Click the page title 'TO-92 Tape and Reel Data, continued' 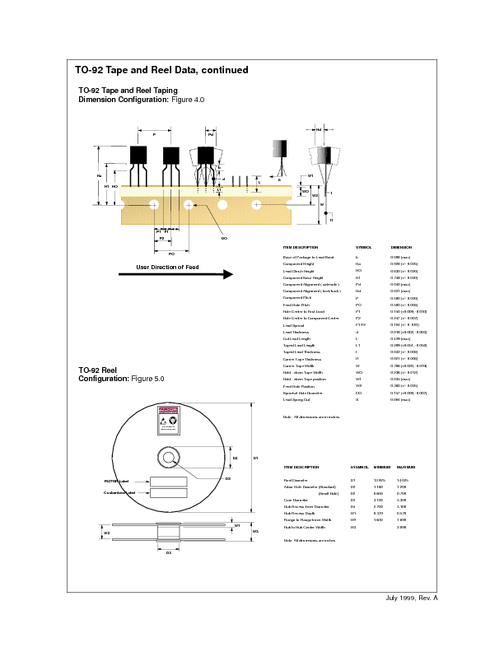(x=161, y=70)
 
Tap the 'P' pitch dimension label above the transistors (x=154, y=133)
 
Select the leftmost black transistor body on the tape (x=138, y=155)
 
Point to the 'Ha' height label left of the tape (x=100, y=175)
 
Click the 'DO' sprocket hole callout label (x=224, y=238)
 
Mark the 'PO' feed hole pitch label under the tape (x=171, y=254)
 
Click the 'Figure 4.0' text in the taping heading (x=187, y=100)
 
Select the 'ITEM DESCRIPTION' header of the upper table (x=300, y=247)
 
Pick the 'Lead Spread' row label (x=294, y=326)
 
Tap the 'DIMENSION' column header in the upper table (x=401, y=247)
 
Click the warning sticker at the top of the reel (x=168, y=418)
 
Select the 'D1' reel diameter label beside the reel (x=255, y=458)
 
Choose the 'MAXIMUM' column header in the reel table (x=406, y=467)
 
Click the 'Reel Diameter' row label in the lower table (x=295, y=479)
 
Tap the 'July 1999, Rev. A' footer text (x=412, y=597)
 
